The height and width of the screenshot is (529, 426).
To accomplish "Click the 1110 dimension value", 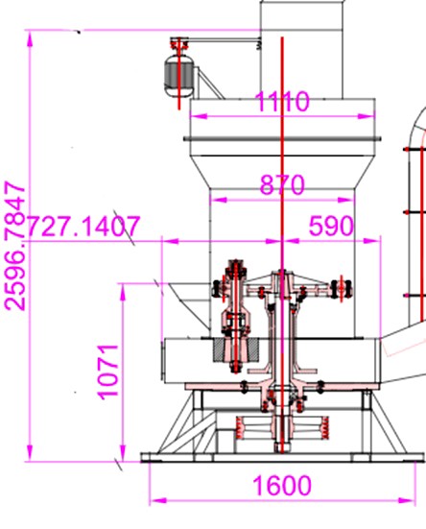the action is click(x=282, y=101).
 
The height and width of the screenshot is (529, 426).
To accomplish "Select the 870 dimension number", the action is click(x=282, y=185).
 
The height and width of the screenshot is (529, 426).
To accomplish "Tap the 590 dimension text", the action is click(x=331, y=226).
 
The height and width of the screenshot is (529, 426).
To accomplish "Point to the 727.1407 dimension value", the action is click(x=83, y=226).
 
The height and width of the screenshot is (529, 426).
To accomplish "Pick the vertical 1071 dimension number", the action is click(x=107, y=373).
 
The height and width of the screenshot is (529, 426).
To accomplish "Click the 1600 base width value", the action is click(x=282, y=486).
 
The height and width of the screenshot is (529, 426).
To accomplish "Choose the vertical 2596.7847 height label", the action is click(x=14, y=246).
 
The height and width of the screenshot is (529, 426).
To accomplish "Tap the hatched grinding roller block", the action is click(x=236, y=350).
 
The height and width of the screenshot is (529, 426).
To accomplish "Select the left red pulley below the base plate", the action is click(x=239, y=428).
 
